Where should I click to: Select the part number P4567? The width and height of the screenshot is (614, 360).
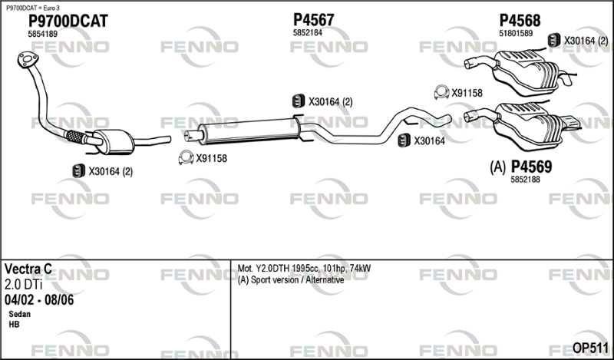click(313, 19)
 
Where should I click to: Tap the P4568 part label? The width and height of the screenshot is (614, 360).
click(520, 19)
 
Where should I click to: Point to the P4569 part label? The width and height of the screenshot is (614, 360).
click(531, 166)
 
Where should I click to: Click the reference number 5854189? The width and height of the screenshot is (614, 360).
click(42, 35)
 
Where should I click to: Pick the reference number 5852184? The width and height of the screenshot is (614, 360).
click(307, 33)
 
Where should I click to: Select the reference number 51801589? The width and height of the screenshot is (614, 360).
click(516, 33)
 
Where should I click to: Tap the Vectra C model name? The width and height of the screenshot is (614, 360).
click(28, 269)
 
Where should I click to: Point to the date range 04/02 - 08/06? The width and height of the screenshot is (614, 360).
click(39, 299)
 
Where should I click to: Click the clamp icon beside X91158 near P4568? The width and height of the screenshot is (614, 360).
click(441, 93)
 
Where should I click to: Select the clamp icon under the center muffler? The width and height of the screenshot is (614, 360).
click(185, 158)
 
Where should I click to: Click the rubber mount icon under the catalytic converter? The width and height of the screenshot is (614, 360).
click(78, 171)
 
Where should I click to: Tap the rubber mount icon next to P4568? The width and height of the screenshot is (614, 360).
click(553, 40)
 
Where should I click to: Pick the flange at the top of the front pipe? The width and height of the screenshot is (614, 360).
click(28, 61)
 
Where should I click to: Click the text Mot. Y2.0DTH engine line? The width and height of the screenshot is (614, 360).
click(305, 268)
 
